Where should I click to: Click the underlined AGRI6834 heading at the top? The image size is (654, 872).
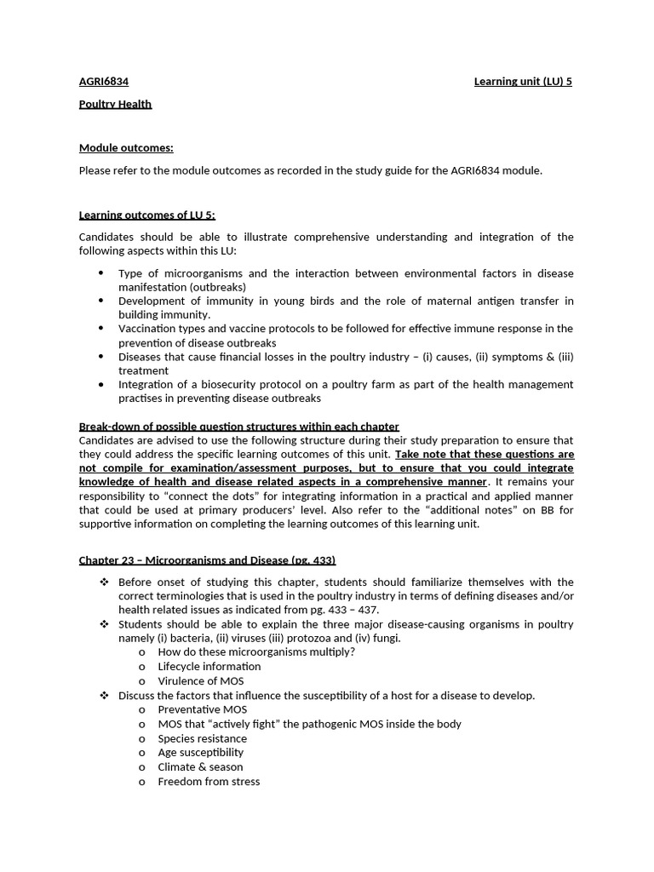click(103, 82)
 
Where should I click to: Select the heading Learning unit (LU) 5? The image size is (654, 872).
click(523, 82)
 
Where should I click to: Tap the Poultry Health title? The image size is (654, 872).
click(115, 104)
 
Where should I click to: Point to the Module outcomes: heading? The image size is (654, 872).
click(126, 148)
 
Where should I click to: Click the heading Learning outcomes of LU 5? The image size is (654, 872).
click(152, 215)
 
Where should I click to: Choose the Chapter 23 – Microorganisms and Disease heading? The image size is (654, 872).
click(207, 559)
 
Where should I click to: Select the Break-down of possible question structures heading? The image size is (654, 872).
click(238, 426)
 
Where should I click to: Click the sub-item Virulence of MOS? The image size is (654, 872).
click(200, 680)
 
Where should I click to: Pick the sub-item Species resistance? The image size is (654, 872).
click(202, 738)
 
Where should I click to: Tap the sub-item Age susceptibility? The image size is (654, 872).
click(200, 752)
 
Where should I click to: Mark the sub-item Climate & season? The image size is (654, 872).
click(200, 766)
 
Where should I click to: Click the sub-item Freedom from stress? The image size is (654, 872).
click(209, 781)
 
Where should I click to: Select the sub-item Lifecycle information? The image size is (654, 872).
click(209, 666)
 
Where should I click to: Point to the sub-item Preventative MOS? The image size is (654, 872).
click(202, 709)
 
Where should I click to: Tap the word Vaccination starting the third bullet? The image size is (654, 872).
click(146, 329)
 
